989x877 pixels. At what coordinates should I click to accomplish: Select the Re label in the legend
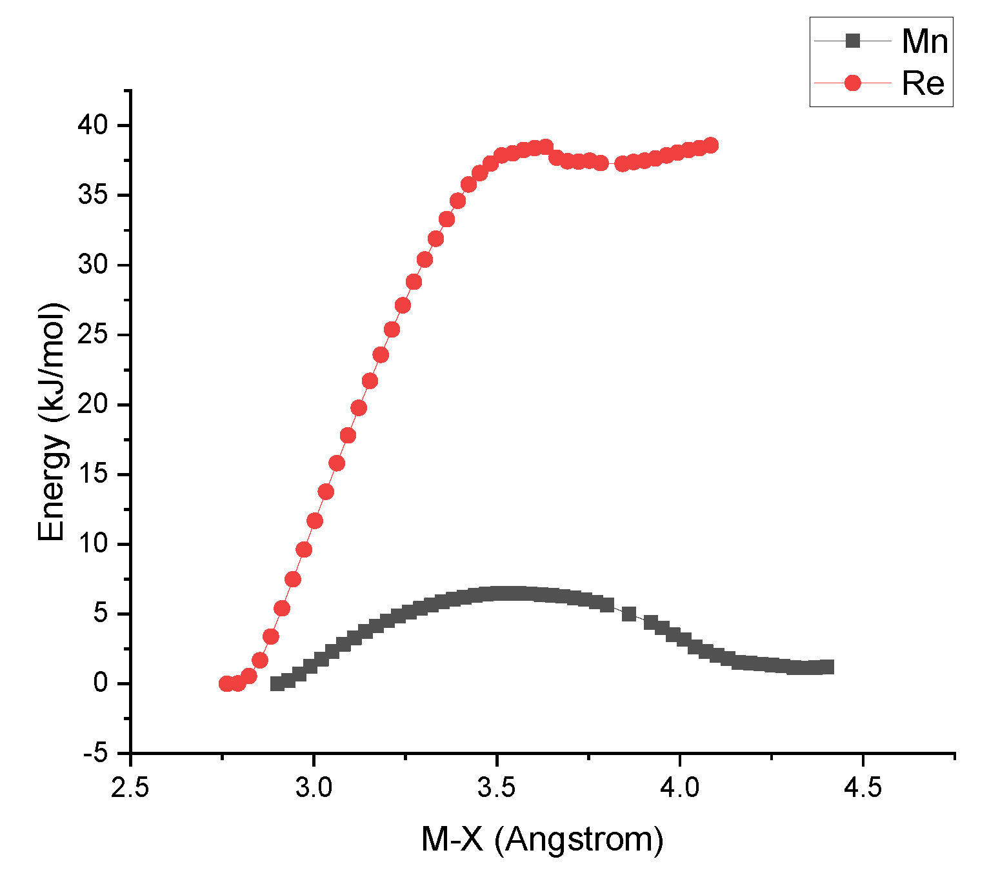click(x=923, y=83)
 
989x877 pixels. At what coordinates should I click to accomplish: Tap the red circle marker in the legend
click(x=852, y=83)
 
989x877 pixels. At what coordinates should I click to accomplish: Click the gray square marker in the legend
click(x=852, y=41)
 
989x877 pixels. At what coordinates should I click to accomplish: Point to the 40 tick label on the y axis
click(x=94, y=125)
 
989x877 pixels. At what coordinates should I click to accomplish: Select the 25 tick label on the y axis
click(x=94, y=335)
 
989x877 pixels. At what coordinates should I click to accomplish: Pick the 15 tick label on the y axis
click(x=94, y=474)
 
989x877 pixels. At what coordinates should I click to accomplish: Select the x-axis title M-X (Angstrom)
click(x=542, y=840)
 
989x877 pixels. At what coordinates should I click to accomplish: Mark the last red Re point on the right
click(x=711, y=145)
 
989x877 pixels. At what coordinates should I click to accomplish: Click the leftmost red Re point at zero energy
click(x=226, y=683)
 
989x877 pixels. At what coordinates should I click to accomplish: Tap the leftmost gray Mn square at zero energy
click(x=277, y=683)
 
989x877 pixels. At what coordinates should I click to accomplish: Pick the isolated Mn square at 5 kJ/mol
click(x=629, y=614)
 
